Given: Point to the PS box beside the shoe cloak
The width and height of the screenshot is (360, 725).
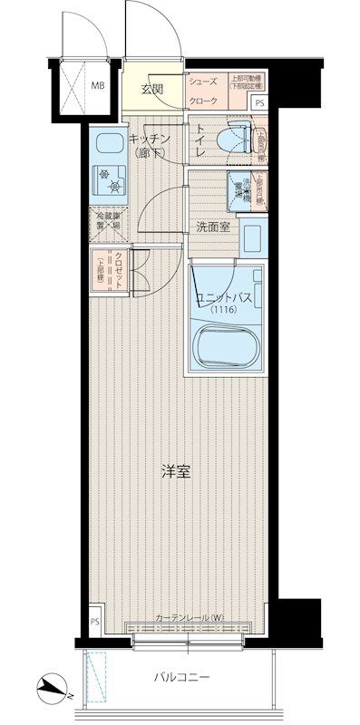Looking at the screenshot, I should [260, 102].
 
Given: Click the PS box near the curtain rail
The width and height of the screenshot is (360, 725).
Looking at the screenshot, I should [95, 622].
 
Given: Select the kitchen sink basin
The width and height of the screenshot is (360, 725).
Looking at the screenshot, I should [108, 145].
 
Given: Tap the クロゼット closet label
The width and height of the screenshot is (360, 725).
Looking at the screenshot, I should [119, 268].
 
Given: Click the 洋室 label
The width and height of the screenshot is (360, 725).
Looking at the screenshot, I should [175, 472].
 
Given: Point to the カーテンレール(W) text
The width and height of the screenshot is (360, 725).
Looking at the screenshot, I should [187, 619].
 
